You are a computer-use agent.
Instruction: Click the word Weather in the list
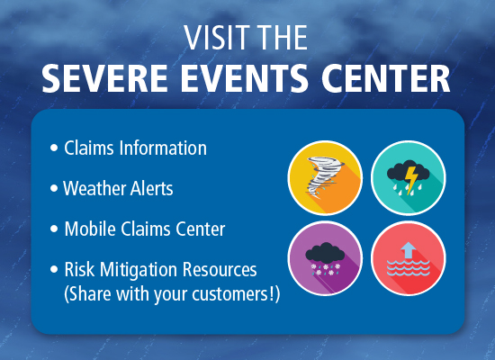94,189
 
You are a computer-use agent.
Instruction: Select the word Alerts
152,189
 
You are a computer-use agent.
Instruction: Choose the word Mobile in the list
88,229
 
